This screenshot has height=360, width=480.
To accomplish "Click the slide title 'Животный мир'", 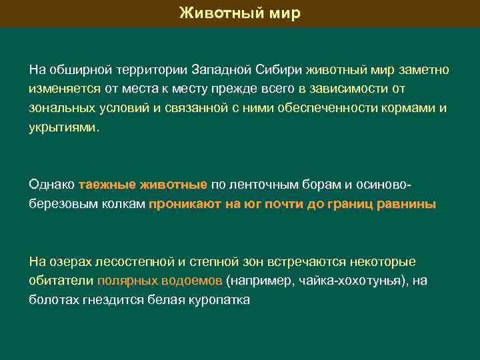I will point(240,13).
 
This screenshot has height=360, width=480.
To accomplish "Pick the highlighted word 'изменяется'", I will point(65,89).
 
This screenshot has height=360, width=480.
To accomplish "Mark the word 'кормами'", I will point(413,108).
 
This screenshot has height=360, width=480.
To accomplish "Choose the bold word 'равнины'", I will point(407,205).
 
